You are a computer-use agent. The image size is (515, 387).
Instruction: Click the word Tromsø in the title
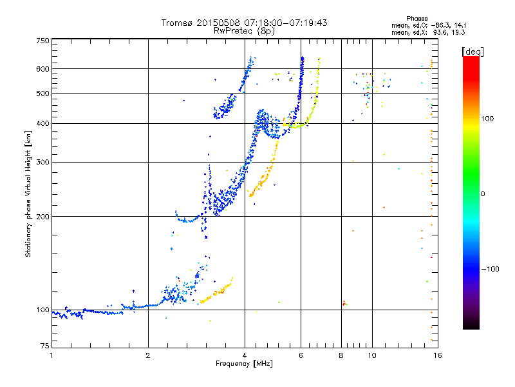click(178, 23)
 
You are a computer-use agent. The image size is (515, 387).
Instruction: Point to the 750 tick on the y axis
click(42, 40)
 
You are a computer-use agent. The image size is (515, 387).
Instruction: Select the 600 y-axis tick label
click(42, 69)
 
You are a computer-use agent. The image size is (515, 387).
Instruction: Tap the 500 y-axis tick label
click(42, 94)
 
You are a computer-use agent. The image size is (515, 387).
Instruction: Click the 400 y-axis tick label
click(42, 123)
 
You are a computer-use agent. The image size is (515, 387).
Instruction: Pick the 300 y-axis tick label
click(42, 162)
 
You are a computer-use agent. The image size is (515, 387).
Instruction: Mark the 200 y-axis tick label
click(42, 217)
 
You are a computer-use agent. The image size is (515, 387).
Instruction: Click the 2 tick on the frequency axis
click(148, 355)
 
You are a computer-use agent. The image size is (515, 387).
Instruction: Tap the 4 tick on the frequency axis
click(245, 355)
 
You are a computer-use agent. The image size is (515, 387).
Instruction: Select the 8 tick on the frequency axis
click(341, 355)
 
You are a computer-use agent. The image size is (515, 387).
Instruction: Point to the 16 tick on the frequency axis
click(436, 355)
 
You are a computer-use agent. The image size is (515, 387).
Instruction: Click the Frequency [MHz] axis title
click(244, 364)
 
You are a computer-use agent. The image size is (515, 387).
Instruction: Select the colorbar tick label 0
click(483, 193)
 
